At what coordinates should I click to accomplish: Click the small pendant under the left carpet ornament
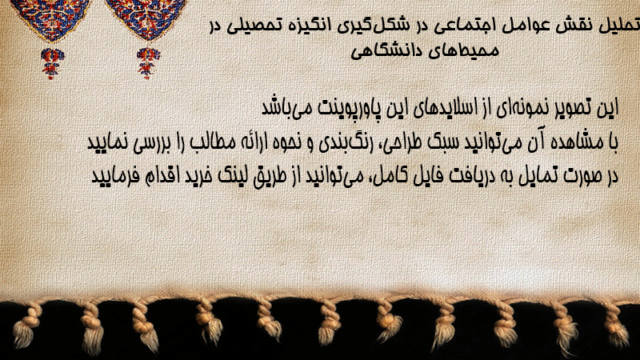pyautogui.click(x=52, y=63)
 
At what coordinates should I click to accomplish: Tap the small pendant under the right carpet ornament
pyautogui.click(x=148, y=62)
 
